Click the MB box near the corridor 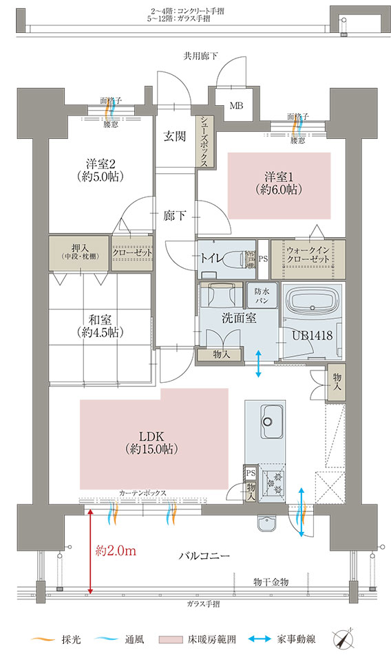[x=236, y=107]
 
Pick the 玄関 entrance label [x=174, y=136]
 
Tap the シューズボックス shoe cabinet [x=205, y=140]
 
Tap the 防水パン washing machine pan [x=262, y=296]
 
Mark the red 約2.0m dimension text [x=114, y=549]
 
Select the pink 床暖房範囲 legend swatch [x=172, y=639]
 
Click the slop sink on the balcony [x=267, y=526]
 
